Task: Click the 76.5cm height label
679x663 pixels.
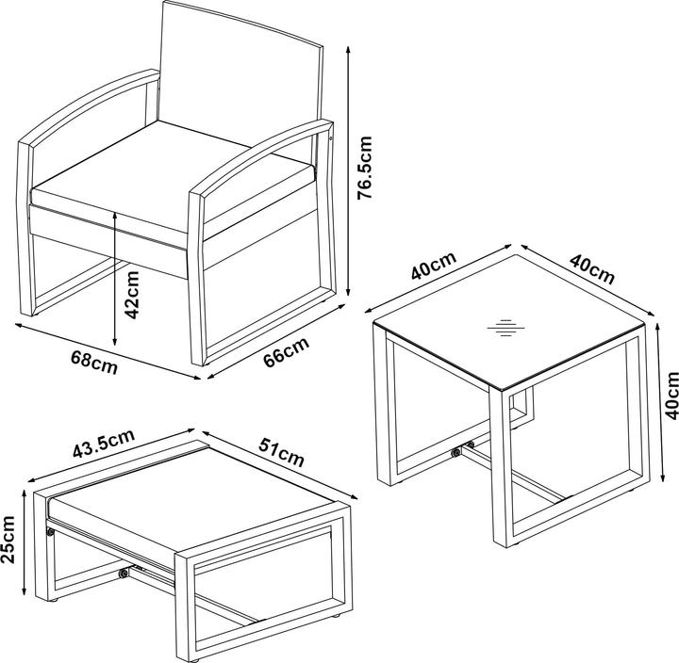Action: pos(364,168)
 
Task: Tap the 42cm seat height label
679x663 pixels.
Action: pos(131,295)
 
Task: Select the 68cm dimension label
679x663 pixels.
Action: pos(94,363)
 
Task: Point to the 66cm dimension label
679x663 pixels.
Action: pos(287,352)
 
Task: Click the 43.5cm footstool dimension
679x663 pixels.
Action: pos(104,444)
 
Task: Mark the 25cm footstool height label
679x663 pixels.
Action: pos(8,540)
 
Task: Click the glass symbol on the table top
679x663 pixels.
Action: pos(505,328)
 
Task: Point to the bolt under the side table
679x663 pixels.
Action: pos(455,453)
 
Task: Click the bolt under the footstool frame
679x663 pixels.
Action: pos(124,574)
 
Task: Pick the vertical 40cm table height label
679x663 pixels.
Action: pos(672,396)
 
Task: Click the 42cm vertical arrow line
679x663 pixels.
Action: pos(115,279)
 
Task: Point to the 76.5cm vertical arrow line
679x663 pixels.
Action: pos(348,171)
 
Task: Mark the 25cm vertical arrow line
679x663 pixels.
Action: pos(25,542)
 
